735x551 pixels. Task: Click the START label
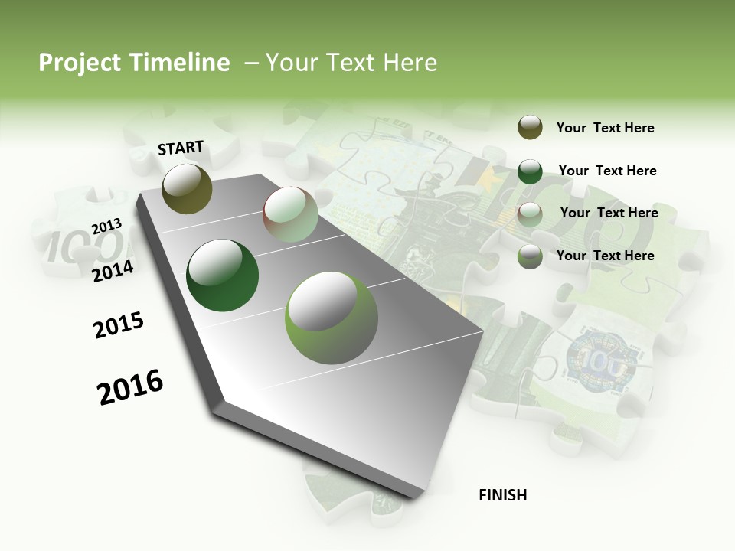pos(181,148)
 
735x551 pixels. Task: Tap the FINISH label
pos(502,495)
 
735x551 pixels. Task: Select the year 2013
pos(106,227)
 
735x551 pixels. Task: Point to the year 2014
pos(113,271)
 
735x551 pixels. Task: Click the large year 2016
pos(130,386)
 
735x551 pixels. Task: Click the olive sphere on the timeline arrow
pos(187,188)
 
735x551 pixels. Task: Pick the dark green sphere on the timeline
pos(223,275)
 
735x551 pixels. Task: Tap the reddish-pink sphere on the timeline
pos(290,214)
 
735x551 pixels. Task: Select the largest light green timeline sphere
pos(332,317)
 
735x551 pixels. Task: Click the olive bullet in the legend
pos(530,128)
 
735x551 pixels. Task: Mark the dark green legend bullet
pos(530,171)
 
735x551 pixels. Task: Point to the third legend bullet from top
pos(530,214)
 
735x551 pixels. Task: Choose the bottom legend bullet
pos(530,256)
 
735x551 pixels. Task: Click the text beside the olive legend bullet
pos(605,129)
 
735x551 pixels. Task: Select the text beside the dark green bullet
pos(607,171)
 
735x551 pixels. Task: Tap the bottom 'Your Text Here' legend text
pos(605,256)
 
